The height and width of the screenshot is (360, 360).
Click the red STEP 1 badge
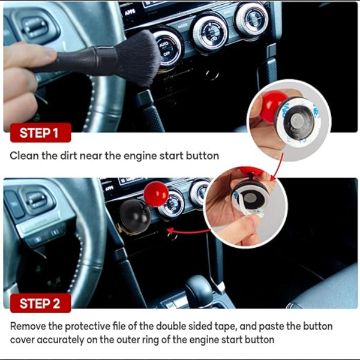click(x=41, y=133)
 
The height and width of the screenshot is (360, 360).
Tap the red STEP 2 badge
click(x=41, y=303)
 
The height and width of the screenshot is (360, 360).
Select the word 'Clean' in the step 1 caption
click(x=24, y=155)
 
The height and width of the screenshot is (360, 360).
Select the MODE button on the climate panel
click(x=183, y=26)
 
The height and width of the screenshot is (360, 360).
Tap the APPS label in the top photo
click(x=130, y=13)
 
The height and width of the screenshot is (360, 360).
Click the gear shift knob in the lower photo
click(x=199, y=290)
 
